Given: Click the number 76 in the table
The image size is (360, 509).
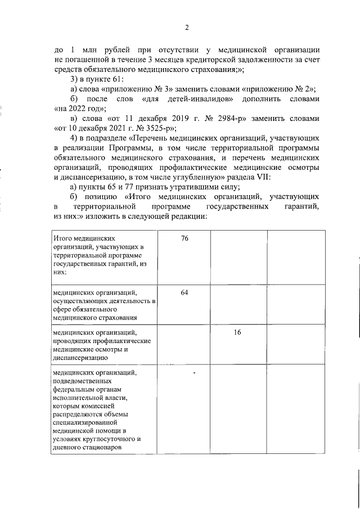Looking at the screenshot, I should [x=184, y=239].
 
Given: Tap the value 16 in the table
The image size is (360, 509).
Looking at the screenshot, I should [x=237, y=333].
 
